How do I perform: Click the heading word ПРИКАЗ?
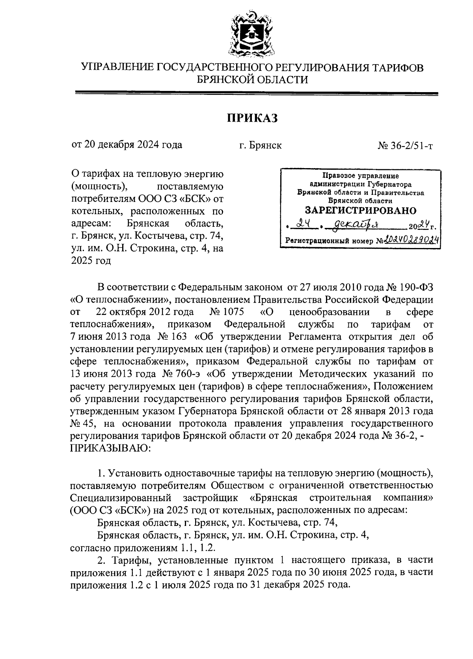click(252, 118)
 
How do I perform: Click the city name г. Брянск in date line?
click(260, 146)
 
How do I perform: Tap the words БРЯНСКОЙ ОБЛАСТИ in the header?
click(252, 80)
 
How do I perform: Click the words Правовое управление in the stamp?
click(361, 176)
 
